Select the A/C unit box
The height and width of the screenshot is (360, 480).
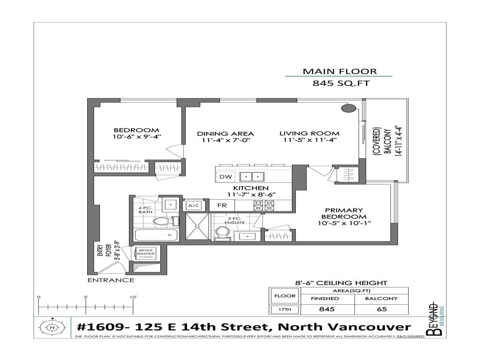pos(193,205)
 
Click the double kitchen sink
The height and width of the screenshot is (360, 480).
pos(253,177)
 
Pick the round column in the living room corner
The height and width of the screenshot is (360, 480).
pos(348,109)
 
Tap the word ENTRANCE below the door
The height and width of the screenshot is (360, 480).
pos(111,280)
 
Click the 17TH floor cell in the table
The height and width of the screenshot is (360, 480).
pos(285,309)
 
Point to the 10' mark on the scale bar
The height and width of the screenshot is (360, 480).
pos(133,307)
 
